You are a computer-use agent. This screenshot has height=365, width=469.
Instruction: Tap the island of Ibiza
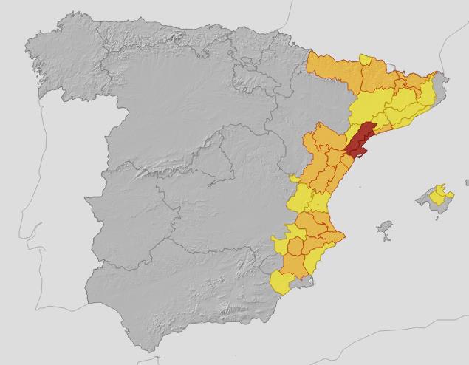tap(385, 229)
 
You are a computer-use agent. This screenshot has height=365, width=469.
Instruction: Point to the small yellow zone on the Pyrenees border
tap(366, 60)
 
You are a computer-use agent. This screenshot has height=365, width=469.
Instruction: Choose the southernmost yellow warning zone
tap(282, 282)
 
